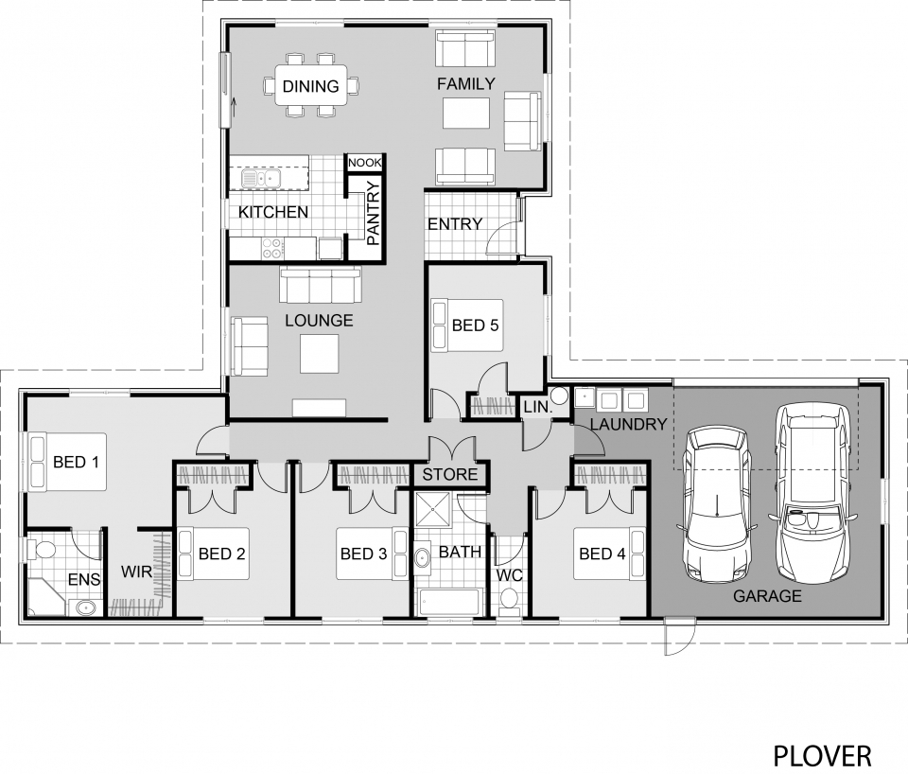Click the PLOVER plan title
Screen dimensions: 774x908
822,755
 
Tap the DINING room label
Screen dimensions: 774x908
310,87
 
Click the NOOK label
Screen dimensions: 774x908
364,163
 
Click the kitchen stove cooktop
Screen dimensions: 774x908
272,248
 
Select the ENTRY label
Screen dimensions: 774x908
455,224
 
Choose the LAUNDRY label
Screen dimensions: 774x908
629,425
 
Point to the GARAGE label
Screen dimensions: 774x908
767,596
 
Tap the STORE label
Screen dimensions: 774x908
450,474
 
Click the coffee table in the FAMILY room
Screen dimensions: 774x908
467,114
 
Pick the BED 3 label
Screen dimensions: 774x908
364,554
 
